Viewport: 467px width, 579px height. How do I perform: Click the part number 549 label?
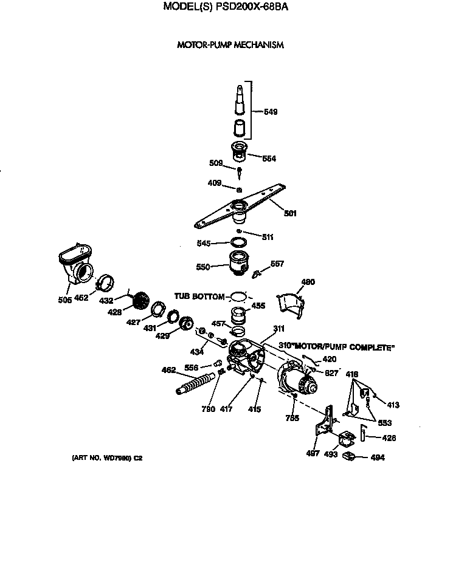click(271, 112)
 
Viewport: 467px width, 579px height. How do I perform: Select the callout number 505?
click(65, 299)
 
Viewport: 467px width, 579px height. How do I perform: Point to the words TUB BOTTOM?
click(199, 296)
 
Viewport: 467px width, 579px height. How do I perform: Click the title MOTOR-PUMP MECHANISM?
click(230, 45)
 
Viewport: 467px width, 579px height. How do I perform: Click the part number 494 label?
click(378, 457)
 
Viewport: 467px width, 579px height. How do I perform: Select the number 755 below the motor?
click(292, 417)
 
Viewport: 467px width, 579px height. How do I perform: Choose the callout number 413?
click(393, 404)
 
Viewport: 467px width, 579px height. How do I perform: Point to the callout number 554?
click(268, 159)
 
